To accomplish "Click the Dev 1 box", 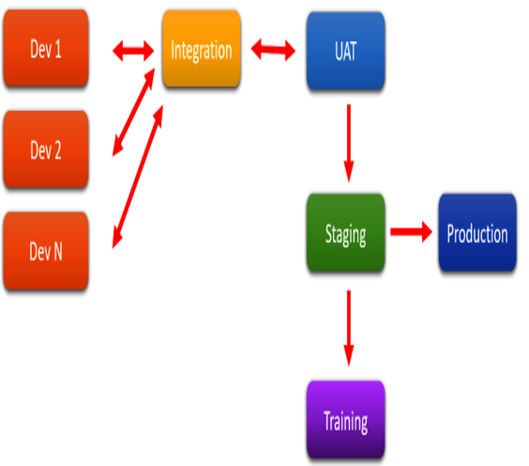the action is (x=46, y=48).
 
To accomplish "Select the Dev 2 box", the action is (x=46, y=149).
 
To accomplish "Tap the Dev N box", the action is (x=46, y=250).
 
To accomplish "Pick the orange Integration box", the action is (x=202, y=49).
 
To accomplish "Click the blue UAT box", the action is (x=346, y=51).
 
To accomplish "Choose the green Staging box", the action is (x=346, y=233).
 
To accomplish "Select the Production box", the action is (x=477, y=233).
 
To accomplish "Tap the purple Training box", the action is (x=346, y=420).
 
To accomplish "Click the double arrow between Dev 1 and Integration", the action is (x=133, y=51).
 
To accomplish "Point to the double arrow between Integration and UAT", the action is (x=273, y=50).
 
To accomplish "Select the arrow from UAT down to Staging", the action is (x=349, y=143).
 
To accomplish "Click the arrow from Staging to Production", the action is (x=411, y=232).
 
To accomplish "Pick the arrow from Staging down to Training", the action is (x=349, y=328).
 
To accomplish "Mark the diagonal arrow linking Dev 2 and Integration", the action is (x=133, y=113).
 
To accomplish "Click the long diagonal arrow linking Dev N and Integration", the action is (x=138, y=176).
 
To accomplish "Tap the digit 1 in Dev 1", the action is (x=57, y=49).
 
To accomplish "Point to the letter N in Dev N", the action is (x=57, y=251).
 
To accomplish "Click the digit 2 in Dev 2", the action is (x=57, y=150).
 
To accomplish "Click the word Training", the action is (x=346, y=422).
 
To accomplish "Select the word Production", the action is (x=477, y=233).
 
